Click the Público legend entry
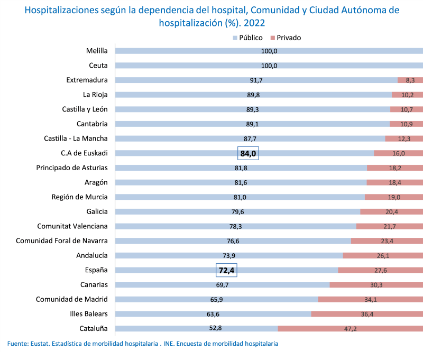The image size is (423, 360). (x=247, y=38)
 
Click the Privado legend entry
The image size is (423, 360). (x=286, y=38)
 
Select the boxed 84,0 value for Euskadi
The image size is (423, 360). (x=248, y=153)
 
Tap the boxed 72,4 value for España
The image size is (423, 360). (x=226, y=270)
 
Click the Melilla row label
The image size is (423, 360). (x=97, y=51)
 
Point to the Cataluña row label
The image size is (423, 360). (x=93, y=328)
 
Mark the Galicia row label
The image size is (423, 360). (x=97, y=211)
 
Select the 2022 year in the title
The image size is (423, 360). (x=254, y=23)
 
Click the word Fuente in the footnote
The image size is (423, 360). (x=17, y=344)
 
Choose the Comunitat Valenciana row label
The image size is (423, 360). (x=72, y=226)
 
